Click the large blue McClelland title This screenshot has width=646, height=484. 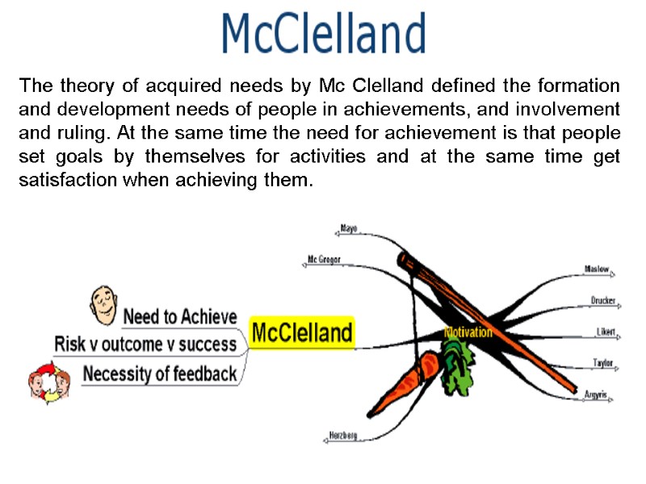click(323, 34)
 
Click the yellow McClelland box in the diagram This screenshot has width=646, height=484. click(302, 332)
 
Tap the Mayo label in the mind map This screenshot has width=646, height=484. click(349, 228)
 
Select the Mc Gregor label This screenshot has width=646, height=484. click(324, 260)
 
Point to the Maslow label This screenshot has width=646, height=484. click(597, 269)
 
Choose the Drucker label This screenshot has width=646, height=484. click(603, 301)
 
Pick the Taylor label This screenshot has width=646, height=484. click(602, 363)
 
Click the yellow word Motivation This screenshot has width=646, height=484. click(468, 332)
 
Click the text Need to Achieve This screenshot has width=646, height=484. click(179, 316)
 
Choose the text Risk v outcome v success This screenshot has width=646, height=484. click(145, 344)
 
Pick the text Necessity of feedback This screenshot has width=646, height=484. click(160, 373)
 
